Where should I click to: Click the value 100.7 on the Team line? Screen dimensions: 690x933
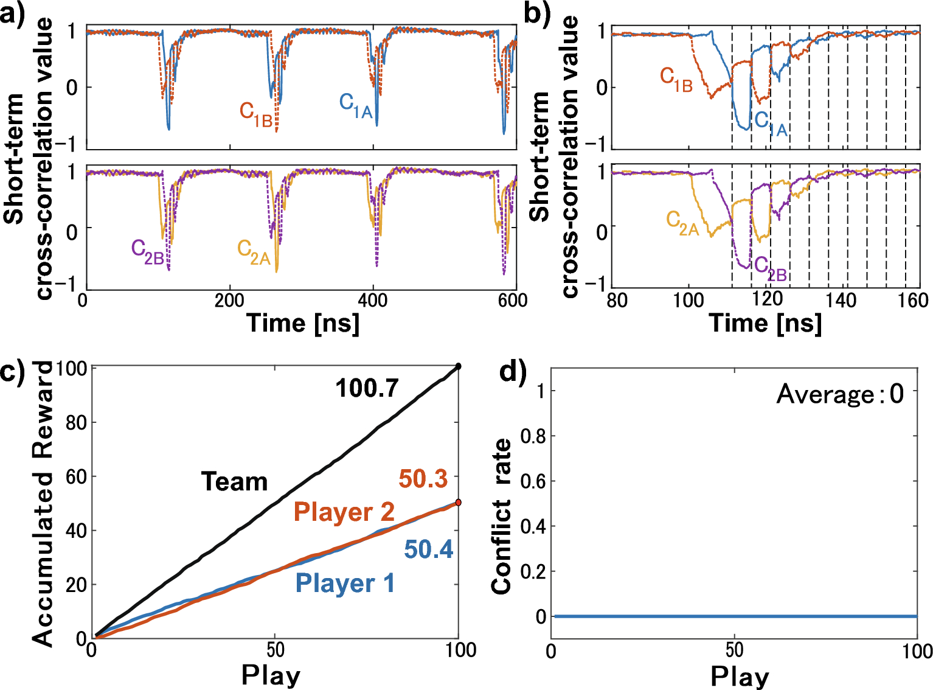click(367, 388)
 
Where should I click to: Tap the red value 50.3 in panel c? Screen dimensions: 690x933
click(423, 479)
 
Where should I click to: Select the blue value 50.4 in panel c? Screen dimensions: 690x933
click(429, 549)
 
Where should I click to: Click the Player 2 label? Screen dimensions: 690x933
click(344, 512)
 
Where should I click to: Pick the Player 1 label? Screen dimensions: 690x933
click(345, 583)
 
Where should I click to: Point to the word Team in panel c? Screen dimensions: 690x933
click(234, 481)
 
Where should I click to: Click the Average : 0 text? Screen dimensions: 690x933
click(840, 394)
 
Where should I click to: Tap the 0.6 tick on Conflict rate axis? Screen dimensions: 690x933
click(533, 481)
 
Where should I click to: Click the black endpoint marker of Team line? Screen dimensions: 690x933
click(459, 366)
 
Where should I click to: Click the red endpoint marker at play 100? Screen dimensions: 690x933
click(459, 503)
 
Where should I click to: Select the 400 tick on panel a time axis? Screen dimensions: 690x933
click(372, 300)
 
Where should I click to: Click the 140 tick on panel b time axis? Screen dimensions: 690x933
click(843, 300)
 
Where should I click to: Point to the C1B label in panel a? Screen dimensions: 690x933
click(255, 114)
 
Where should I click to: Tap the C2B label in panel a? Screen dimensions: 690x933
click(148, 251)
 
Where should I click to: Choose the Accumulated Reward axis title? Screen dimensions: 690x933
click(43, 504)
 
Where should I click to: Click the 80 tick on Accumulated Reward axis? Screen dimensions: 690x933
click(76, 422)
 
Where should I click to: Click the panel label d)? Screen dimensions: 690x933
click(512, 371)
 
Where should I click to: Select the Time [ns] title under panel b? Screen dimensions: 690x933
click(765, 322)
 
